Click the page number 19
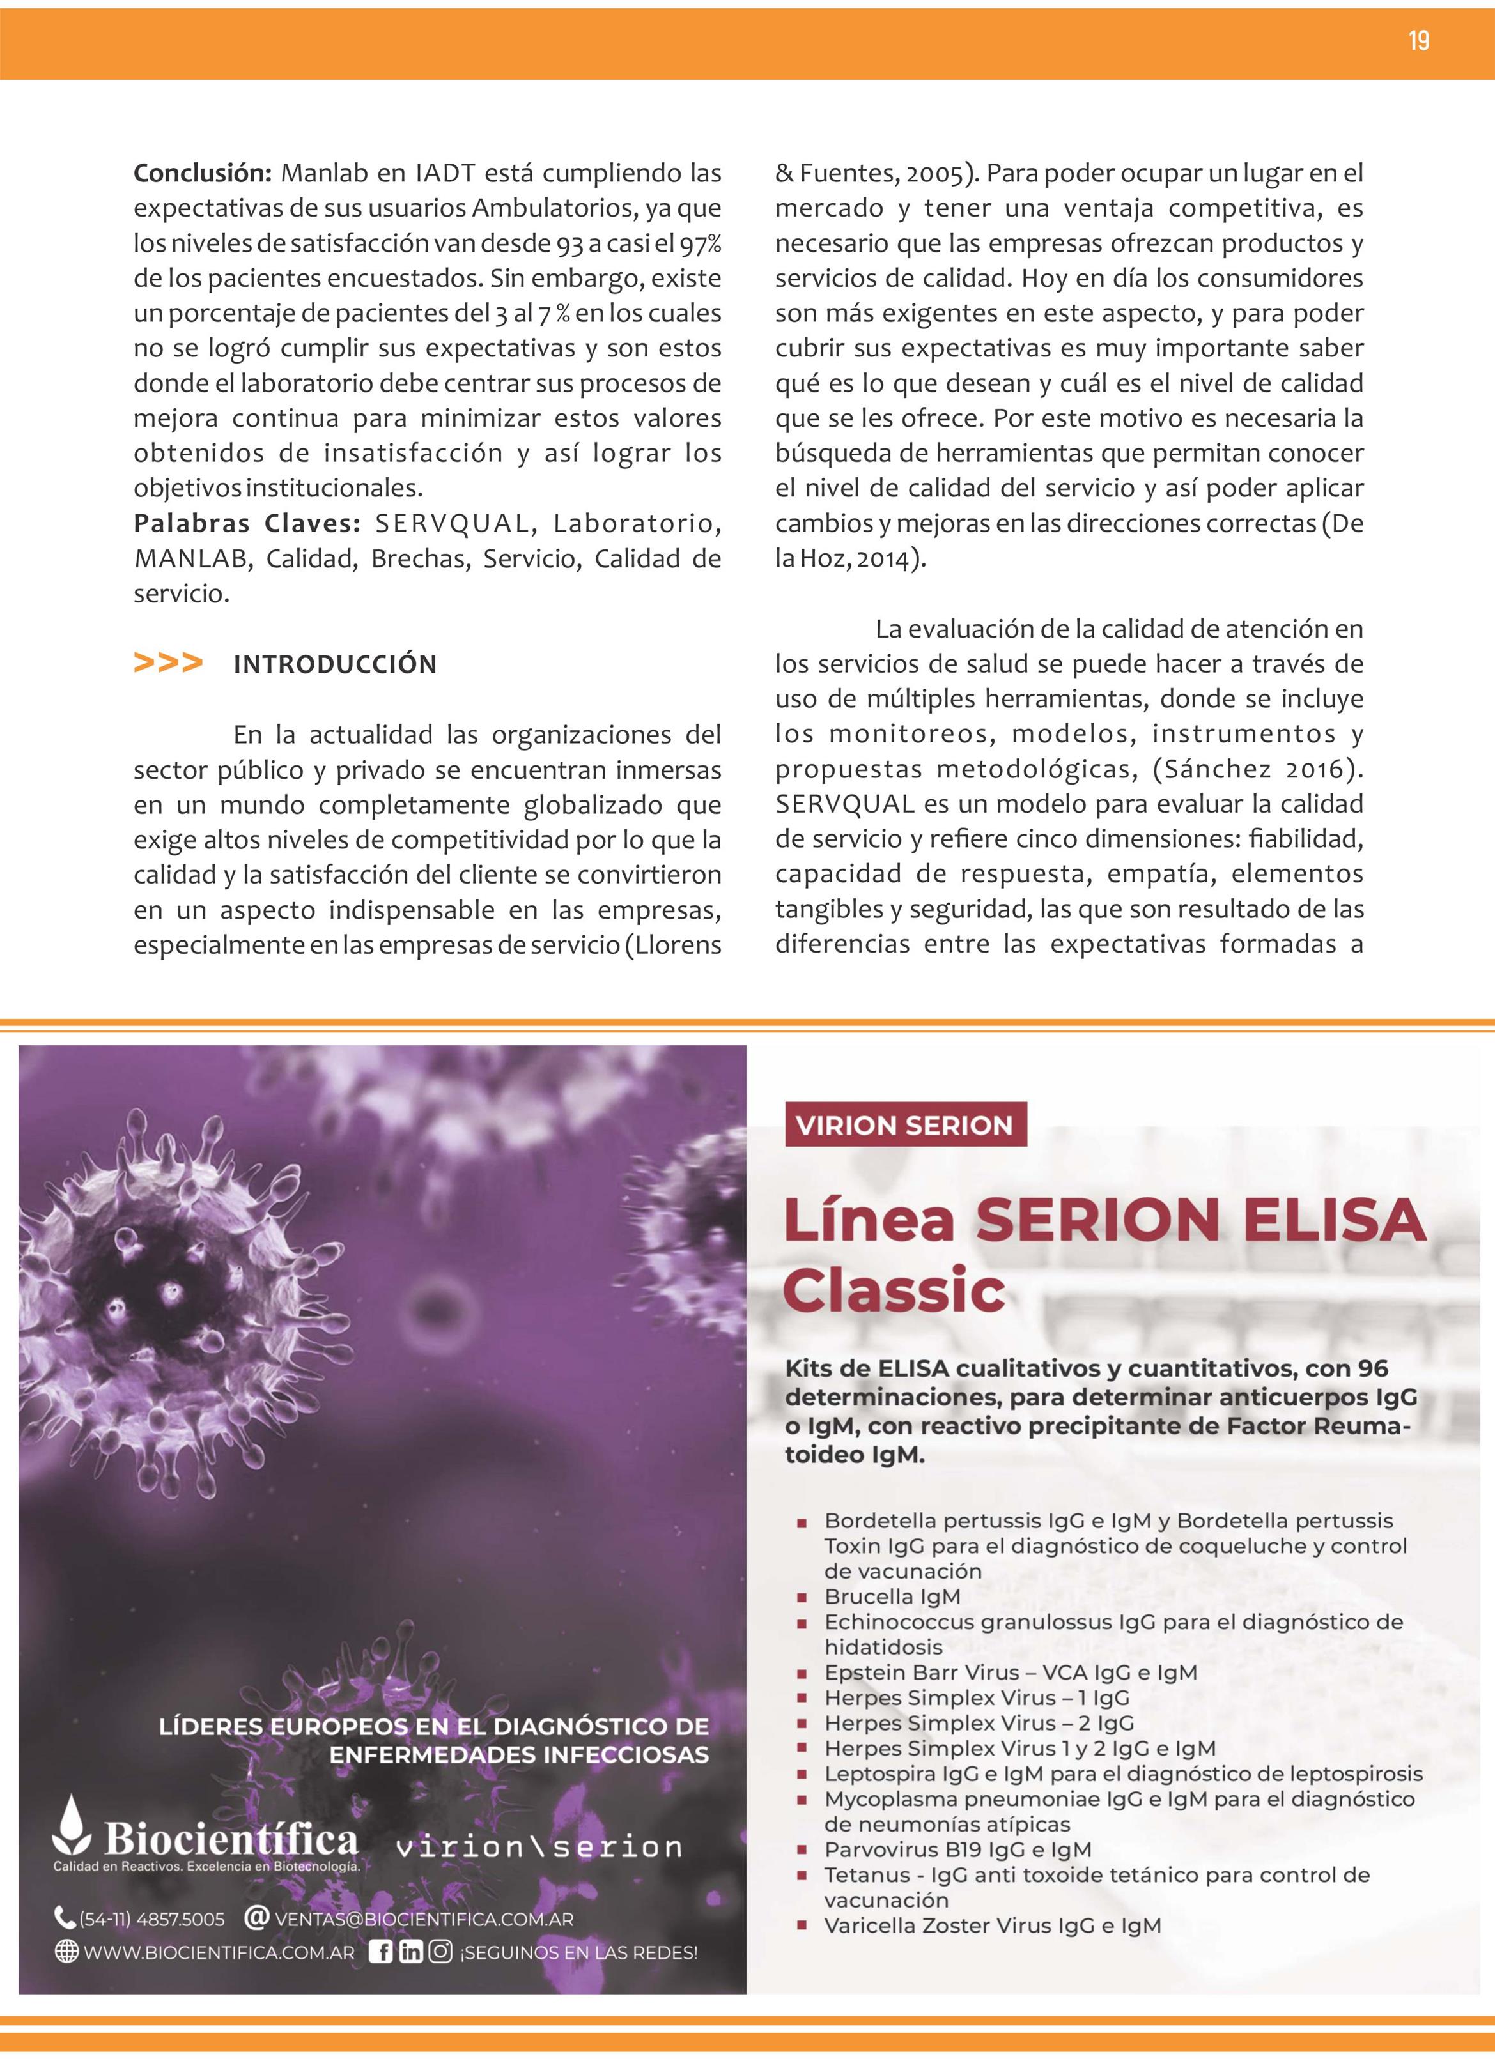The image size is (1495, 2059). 1419,41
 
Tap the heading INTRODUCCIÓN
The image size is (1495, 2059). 335,664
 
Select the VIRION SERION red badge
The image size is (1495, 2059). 904,1125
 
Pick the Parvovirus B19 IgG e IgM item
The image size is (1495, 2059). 957,1849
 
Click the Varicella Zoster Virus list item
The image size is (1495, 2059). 992,1925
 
